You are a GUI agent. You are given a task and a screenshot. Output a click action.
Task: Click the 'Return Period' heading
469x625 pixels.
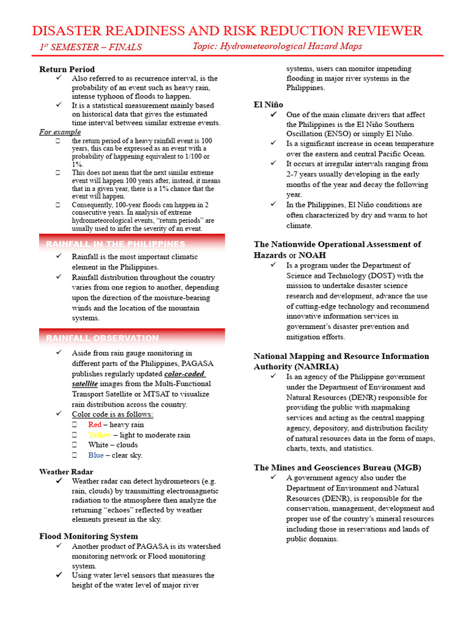pos(67,69)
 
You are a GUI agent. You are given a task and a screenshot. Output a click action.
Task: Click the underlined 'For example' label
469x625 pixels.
pos(60,132)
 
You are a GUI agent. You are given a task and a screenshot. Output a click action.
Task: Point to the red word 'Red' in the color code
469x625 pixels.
pos(95,425)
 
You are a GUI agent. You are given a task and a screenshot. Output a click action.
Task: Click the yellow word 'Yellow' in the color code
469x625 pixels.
pos(100,435)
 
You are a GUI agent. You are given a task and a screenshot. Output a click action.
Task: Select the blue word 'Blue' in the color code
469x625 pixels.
pos(96,455)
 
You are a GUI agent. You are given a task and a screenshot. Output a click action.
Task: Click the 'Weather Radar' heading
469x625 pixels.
pos(66,472)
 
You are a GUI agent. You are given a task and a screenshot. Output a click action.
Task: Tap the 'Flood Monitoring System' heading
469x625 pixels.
pos(88,536)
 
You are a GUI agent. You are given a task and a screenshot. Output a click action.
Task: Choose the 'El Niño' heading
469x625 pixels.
pos(268,105)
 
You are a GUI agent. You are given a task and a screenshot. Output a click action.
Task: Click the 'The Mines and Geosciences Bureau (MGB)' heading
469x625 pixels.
pos(337,468)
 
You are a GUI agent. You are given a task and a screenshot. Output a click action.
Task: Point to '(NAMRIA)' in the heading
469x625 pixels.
pos(292,367)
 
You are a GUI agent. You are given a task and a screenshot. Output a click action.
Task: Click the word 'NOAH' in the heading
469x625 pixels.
pos(312,255)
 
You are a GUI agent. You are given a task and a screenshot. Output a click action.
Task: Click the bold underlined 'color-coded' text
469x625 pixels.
pos(185,374)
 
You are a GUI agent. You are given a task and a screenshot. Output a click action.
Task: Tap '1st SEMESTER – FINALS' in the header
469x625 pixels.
pos(91,47)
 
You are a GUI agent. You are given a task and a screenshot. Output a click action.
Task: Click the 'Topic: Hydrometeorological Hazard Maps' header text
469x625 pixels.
pos(277,46)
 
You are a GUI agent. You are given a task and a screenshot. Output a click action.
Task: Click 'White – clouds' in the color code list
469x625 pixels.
pos(113,445)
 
